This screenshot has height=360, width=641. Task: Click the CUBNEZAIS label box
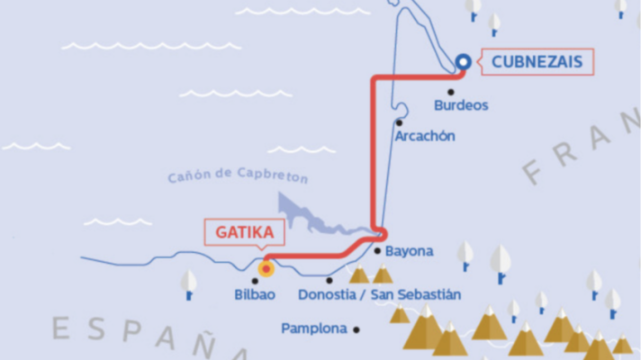click(x=536, y=62)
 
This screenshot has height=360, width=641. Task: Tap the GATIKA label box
click(x=243, y=232)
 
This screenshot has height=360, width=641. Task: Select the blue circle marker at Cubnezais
click(x=463, y=62)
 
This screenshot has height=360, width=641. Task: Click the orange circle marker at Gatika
click(x=266, y=267)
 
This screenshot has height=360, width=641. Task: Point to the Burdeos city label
click(x=461, y=105)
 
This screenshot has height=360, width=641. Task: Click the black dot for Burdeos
click(x=451, y=92)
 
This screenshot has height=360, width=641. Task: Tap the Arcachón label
click(x=425, y=136)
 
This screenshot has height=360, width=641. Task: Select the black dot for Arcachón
click(x=398, y=122)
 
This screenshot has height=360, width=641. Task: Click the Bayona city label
click(x=409, y=251)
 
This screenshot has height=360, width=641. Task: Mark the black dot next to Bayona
click(x=378, y=251)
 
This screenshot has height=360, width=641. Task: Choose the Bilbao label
click(x=255, y=294)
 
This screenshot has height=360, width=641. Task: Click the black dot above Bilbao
click(x=255, y=281)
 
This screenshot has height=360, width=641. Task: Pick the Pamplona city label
click(x=314, y=329)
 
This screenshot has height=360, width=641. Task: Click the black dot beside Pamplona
click(x=357, y=329)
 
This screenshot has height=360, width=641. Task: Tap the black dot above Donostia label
click(x=330, y=280)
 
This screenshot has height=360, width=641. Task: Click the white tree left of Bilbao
click(x=188, y=283)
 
